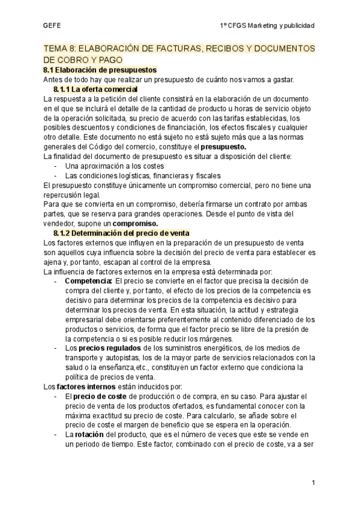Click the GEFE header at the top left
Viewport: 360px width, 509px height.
pyautogui.click(x=52, y=25)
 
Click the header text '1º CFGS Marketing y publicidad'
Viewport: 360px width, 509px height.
pyautogui.click(x=268, y=25)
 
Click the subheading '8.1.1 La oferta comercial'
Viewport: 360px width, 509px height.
pyautogui.click(x=95, y=89)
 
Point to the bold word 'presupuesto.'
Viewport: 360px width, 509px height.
pyautogui.click(x=223, y=146)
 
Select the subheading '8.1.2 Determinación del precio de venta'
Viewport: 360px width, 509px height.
pyautogui.click(x=121, y=233)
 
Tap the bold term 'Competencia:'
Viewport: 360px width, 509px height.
pyautogui.click(x=88, y=281)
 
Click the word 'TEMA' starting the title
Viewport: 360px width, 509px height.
pyautogui.click(x=57, y=49)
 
